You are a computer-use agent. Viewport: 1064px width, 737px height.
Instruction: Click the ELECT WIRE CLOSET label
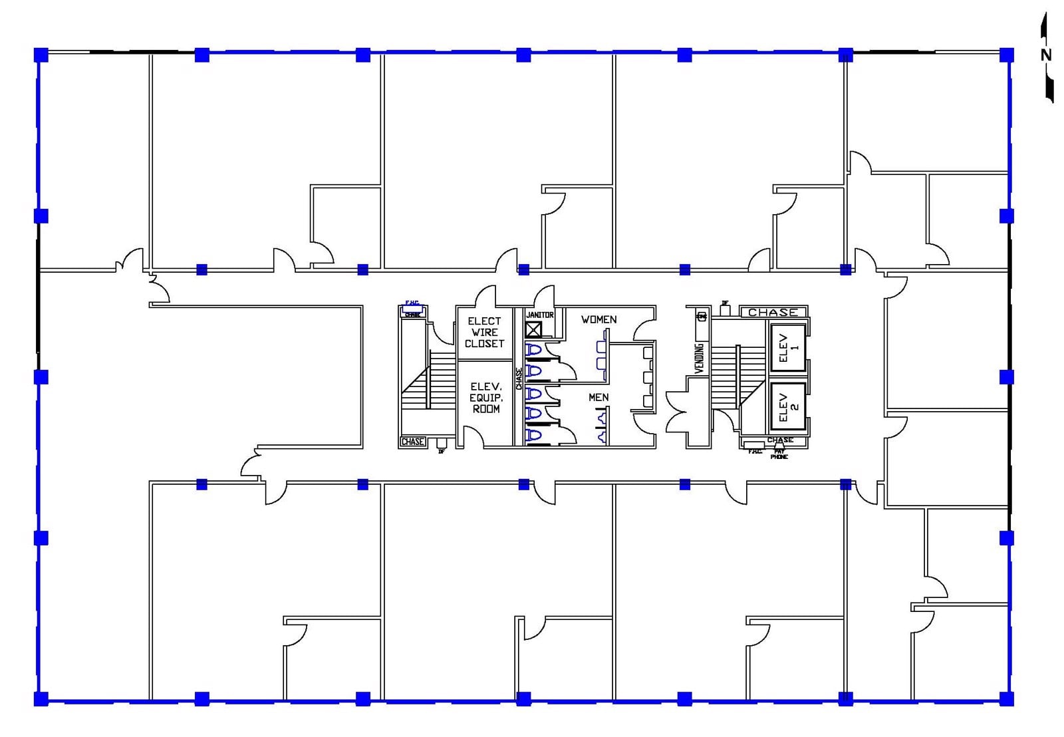[484, 332]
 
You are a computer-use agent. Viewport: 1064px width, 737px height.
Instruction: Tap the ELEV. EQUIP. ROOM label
[486, 397]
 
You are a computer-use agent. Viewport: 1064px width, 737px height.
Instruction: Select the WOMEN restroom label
[598, 320]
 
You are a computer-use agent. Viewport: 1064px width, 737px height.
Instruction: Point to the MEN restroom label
[598, 397]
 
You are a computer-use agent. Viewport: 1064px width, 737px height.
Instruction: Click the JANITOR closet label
[539, 315]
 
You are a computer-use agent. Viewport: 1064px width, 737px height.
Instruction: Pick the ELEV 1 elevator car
[788, 347]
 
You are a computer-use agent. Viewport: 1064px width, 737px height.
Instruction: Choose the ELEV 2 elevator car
[788, 406]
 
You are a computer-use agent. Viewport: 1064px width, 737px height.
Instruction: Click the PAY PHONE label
[779, 454]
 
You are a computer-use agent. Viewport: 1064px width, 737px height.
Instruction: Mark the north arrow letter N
[1046, 55]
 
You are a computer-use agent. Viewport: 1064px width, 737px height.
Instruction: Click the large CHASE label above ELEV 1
[773, 312]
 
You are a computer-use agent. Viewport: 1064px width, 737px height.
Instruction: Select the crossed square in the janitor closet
[533, 329]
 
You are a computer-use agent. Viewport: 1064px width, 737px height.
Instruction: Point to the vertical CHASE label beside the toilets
[519, 379]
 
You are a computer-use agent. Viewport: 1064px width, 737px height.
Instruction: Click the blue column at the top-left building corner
[41, 55]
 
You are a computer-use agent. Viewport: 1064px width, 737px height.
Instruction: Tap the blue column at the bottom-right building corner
[1007, 698]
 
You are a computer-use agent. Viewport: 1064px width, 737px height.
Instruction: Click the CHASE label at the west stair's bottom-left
[412, 442]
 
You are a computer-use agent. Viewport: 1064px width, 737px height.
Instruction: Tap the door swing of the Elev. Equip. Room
[473, 436]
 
